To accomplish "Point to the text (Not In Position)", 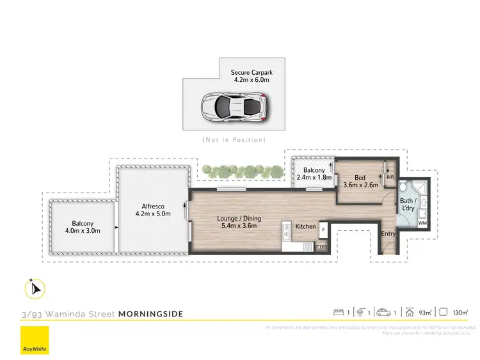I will tap(234, 139).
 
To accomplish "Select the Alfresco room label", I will tap(154, 210).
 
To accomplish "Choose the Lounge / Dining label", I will tap(238, 221).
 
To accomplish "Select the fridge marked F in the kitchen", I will tap(323, 229).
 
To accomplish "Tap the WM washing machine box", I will tap(422, 223).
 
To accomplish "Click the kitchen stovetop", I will tap(285, 232).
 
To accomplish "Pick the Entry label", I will tap(388, 233).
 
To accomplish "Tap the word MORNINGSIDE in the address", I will tap(151, 314).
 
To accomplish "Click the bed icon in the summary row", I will tap(340, 313).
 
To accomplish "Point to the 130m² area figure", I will tap(459, 313).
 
